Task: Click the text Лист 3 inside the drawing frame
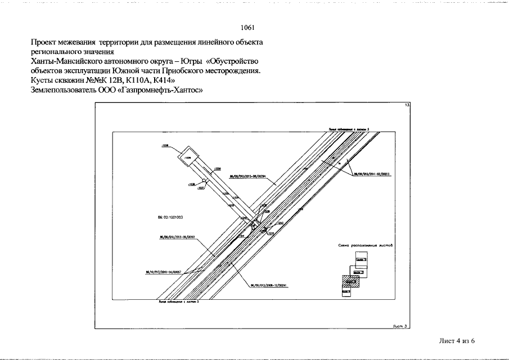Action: [398, 325]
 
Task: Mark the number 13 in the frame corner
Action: [408, 106]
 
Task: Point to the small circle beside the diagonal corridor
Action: [206, 181]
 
